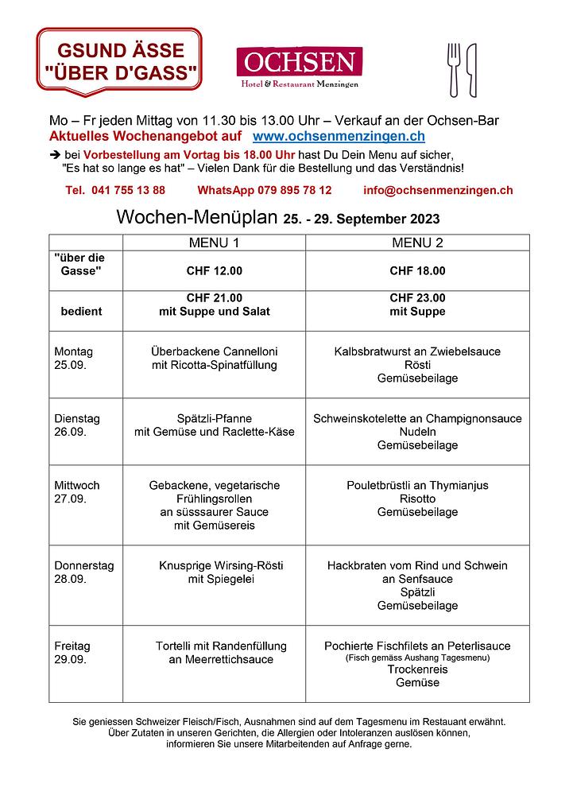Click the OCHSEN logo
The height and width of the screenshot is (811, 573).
coord(299,67)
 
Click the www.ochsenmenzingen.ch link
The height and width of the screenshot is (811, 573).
coord(339,137)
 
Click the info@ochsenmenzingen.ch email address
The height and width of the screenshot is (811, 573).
coord(437,190)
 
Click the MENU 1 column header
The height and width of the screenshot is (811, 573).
coord(214,242)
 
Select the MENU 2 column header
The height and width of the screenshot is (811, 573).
coord(417,242)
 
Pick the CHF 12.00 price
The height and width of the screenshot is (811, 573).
coord(214,270)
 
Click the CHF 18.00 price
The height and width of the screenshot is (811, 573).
coord(417,270)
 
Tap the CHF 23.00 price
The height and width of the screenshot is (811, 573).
coord(417,298)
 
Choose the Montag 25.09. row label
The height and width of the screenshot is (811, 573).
coord(73,358)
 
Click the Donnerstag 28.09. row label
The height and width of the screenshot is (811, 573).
coord(83,572)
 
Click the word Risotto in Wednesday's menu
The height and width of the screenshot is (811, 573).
coord(417,499)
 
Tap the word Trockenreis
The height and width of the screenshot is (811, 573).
coord(417,669)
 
